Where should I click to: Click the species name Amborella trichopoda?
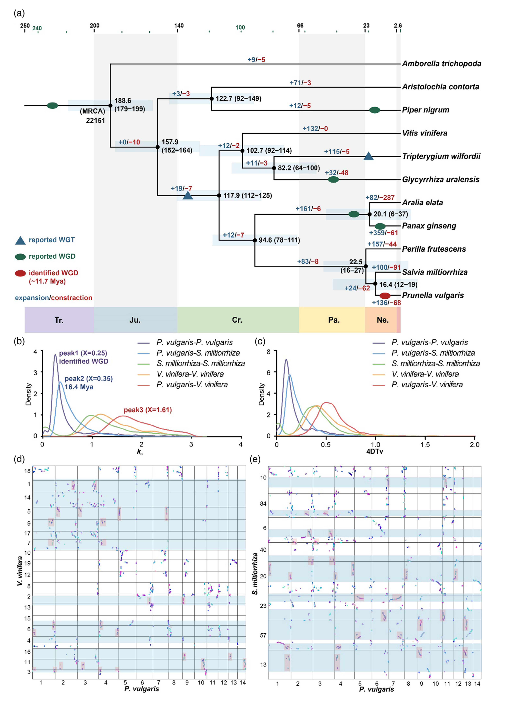441,64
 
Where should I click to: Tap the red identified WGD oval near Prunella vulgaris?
385,295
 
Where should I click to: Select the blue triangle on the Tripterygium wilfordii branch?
369,156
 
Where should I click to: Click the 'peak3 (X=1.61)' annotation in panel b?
148,410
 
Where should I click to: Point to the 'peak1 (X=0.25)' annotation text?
83,353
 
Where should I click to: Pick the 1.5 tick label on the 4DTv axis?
425,445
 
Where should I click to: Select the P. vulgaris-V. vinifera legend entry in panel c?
427,384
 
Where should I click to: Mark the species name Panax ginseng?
429,226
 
